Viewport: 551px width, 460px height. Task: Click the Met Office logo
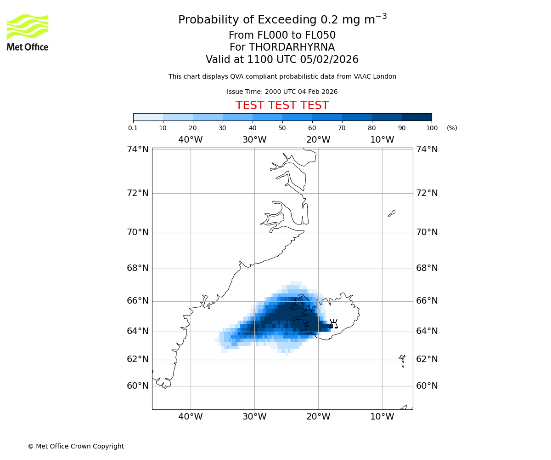click(28, 32)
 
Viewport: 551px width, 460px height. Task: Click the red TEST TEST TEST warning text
click(282, 105)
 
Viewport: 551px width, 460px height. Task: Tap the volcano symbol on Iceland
click(334, 324)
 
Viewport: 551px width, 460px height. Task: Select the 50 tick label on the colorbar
click(282, 128)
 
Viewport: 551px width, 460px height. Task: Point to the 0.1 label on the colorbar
click(133, 128)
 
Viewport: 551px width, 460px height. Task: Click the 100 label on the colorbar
click(432, 128)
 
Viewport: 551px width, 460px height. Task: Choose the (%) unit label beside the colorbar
click(452, 128)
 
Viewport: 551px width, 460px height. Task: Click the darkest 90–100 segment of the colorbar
click(416, 117)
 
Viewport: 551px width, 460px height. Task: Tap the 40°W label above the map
click(191, 140)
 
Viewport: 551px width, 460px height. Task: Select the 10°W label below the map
click(382, 417)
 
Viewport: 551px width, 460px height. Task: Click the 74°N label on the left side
click(138, 149)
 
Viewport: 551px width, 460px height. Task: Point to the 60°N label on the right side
click(427, 385)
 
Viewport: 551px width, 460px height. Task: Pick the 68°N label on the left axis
click(138, 268)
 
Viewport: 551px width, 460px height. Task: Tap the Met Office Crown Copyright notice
click(76, 446)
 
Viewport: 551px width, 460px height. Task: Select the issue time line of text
click(282, 92)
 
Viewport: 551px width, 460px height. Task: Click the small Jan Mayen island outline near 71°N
click(392, 213)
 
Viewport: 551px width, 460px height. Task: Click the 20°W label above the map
click(318, 140)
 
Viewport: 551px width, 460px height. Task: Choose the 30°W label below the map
click(254, 417)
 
